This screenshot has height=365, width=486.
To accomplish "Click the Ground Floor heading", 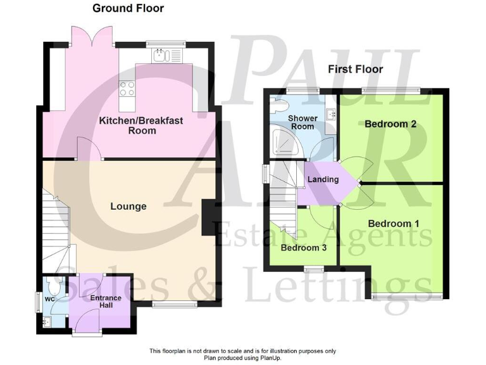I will [128, 8].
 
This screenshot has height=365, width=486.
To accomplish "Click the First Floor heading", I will [354, 69].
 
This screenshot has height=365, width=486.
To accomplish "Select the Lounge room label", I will [128, 206].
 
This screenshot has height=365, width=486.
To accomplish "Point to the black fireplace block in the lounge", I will [208, 218].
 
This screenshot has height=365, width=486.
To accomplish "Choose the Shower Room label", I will [302, 122].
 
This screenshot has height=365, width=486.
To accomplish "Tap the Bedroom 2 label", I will [390, 124].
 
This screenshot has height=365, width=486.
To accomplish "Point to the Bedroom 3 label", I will [304, 247].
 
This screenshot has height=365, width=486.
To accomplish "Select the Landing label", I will [323, 179].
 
